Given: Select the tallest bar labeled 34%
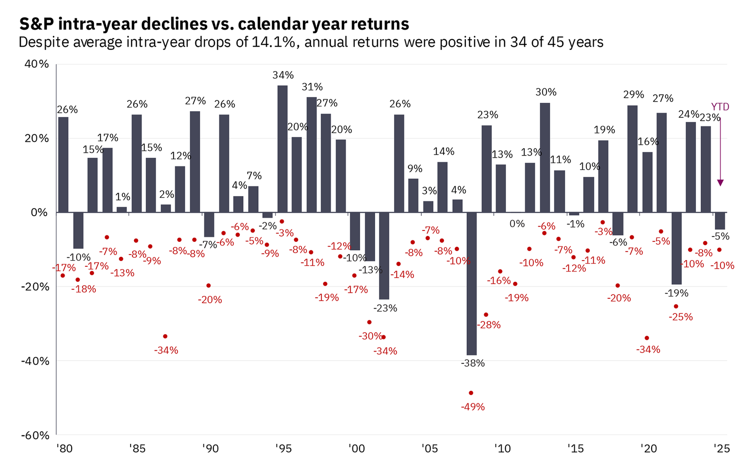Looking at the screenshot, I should [x=282, y=148].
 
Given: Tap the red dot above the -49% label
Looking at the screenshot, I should [x=470, y=393].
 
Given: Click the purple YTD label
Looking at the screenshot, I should [x=720, y=107].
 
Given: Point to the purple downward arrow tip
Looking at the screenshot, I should [x=720, y=185].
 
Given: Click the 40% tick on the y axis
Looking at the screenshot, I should [x=36, y=64].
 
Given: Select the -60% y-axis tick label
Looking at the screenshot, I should [x=34, y=435].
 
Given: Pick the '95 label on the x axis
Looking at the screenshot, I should [x=283, y=449].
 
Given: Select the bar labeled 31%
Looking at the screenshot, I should [x=311, y=155].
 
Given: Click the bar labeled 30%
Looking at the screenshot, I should [x=545, y=157].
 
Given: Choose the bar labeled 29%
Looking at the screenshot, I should [x=632, y=159].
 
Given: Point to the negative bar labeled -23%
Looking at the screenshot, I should [x=384, y=256].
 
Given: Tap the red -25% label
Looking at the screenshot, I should [x=680, y=317].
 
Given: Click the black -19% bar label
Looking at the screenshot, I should [x=676, y=293].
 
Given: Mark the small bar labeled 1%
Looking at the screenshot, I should [x=122, y=210].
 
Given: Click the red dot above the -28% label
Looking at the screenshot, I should [x=486, y=314].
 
